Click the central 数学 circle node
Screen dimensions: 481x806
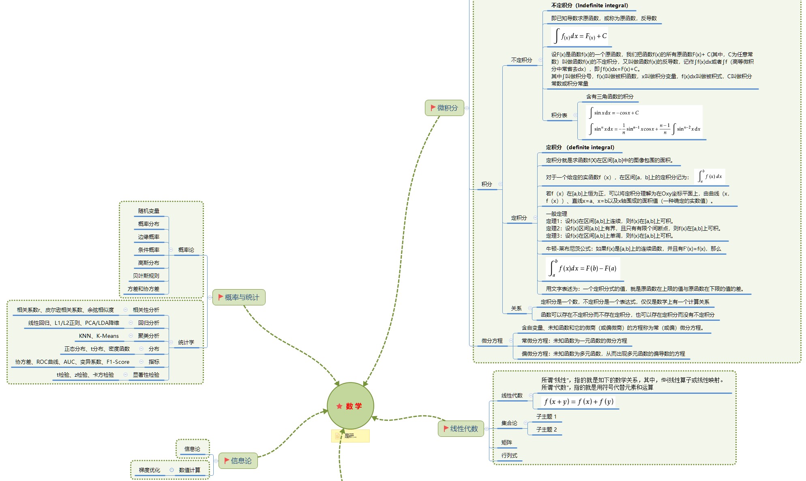tap(350, 406)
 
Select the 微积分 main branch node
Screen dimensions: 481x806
tap(444, 108)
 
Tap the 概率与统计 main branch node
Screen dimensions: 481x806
tap(239, 297)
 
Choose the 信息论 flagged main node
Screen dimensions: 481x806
tap(238, 461)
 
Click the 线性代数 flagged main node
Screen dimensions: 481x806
tap(461, 429)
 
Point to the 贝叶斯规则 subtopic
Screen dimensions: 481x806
tap(146, 276)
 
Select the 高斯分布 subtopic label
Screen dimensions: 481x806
tap(148, 263)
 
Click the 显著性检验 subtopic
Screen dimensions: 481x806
tap(146, 375)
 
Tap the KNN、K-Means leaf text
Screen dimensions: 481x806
tap(99, 336)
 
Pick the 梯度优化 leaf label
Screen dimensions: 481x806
tap(149, 470)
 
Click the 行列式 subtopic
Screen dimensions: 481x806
tap(509, 455)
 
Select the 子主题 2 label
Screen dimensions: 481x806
tap(546, 429)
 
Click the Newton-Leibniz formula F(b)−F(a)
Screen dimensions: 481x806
tap(583, 268)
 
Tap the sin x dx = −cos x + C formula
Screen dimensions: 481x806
tap(616, 113)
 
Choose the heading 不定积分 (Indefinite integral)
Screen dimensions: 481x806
tap(589, 5)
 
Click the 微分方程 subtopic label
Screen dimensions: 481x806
tap(492, 341)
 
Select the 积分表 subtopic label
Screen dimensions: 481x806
tap(559, 115)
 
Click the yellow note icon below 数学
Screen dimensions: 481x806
tap(338, 436)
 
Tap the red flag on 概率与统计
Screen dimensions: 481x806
tap(221, 297)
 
